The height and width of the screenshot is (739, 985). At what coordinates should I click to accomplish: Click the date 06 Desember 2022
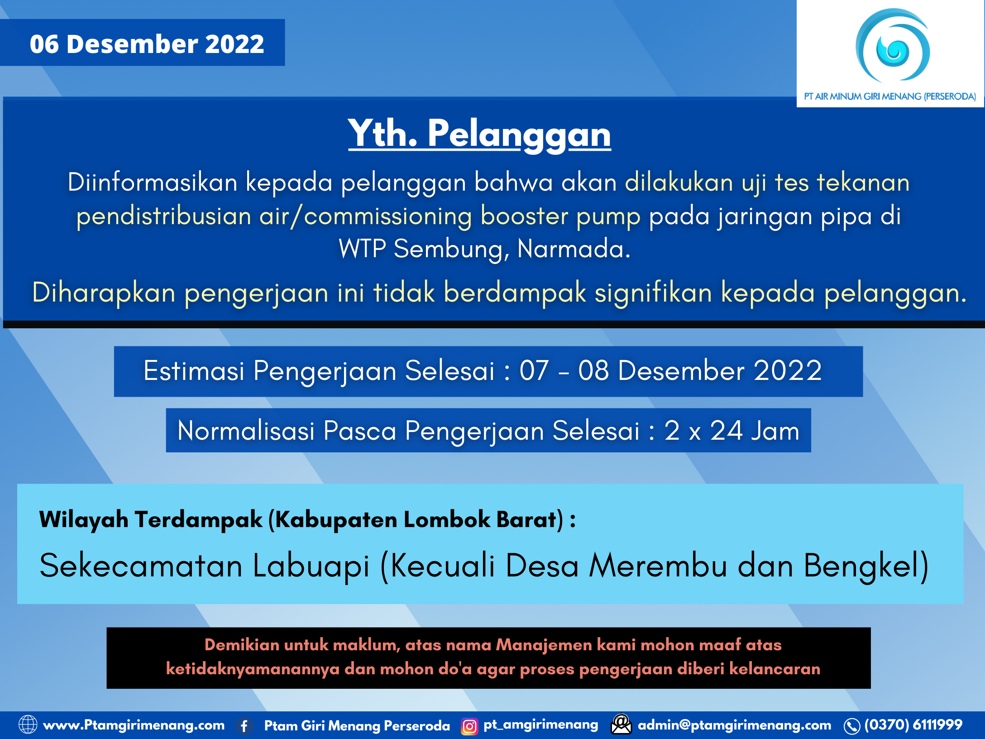[147, 44]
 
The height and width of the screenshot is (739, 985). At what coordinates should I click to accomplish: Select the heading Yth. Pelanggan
[479, 134]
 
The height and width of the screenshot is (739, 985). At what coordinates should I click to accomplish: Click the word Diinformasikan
[153, 182]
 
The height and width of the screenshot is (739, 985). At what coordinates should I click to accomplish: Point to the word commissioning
[388, 216]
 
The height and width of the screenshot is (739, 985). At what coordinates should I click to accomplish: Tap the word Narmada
[573, 249]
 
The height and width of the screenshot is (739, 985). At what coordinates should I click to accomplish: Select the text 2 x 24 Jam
[732, 431]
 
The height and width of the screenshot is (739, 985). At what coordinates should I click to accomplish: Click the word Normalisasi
[246, 431]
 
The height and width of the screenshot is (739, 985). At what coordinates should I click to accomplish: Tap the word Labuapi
[311, 566]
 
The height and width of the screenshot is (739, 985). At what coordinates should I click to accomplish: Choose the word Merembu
[658, 566]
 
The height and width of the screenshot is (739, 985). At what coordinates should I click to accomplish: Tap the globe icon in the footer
[28, 725]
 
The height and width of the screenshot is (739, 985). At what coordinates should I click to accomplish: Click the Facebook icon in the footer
[244, 726]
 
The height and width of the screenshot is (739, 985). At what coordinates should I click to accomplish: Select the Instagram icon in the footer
[469, 726]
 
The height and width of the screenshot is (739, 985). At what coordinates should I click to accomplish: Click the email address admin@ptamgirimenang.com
[734, 725]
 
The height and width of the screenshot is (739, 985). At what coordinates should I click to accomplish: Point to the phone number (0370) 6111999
[913, 725]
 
